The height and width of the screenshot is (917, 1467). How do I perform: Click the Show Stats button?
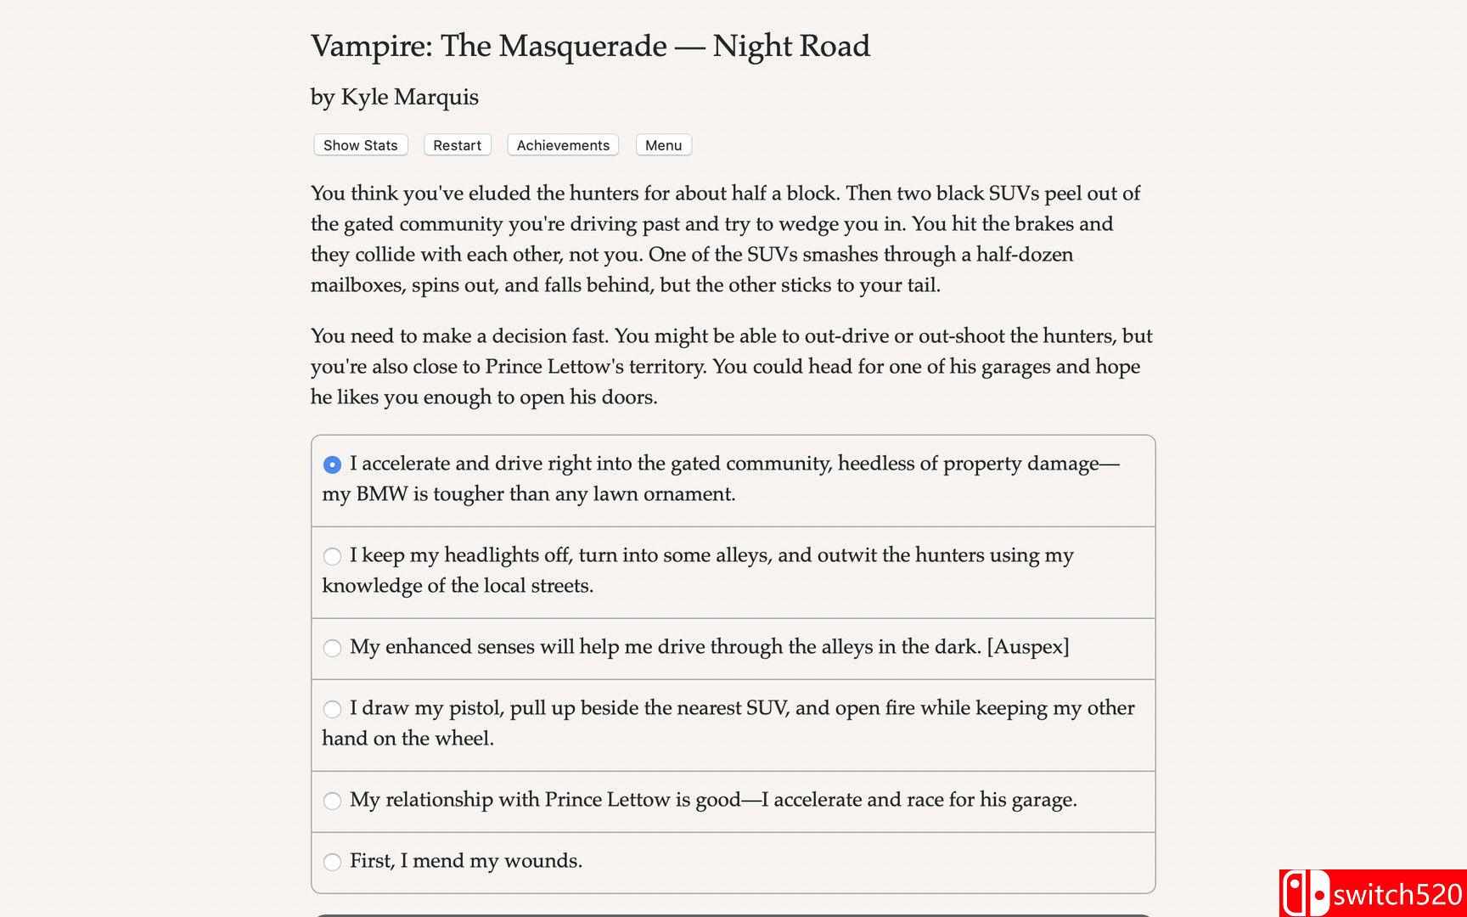[x=360, y=145]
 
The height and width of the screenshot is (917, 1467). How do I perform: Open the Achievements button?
[x=563, y=145]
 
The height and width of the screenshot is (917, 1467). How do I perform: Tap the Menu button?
[x=663, y=145]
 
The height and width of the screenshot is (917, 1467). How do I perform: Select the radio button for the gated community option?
[x=332, y=464]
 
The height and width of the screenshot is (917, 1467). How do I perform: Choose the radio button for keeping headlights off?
[x=332, y=556]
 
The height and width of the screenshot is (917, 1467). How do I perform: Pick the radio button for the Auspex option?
[x=332, y=648]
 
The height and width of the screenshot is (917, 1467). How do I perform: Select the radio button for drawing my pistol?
[x=332, y=709]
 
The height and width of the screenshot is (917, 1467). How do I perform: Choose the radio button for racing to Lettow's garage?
[x=332, y=801]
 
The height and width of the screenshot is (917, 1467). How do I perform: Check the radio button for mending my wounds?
[x=332, y=862]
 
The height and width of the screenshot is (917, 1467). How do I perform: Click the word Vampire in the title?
[x=370, y=46]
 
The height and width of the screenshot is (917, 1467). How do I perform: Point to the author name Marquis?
[x=445, y=98]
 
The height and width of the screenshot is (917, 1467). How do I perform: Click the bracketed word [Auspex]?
[x=1027, y=647]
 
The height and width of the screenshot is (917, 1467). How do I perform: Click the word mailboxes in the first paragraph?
[x=357, y=285]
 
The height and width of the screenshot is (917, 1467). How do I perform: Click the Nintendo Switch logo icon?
[x=1304, y=893]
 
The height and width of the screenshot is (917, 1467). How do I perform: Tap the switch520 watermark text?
[x=1397, y=895]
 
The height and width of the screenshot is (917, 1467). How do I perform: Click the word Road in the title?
[x=835, y=46]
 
